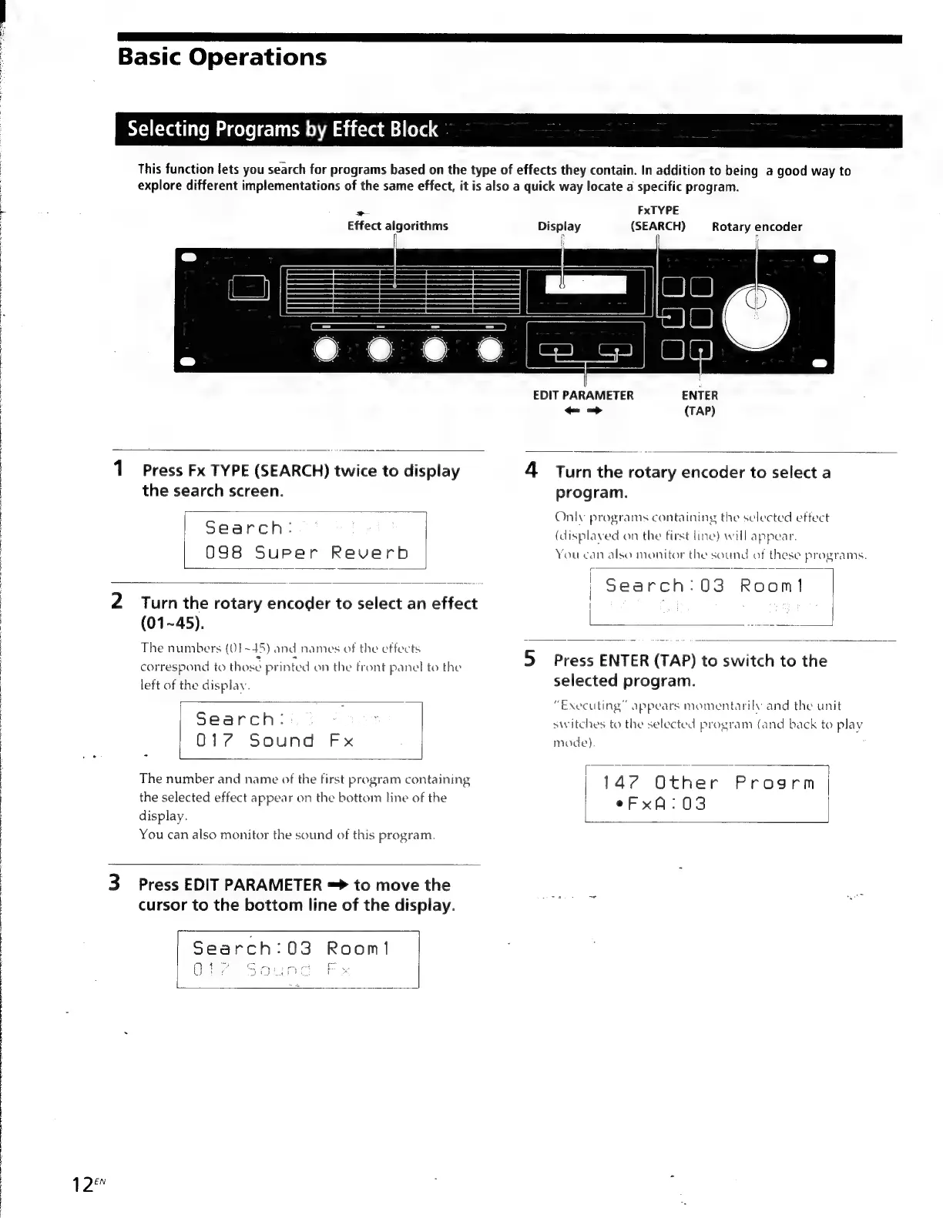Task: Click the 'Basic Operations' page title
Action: (222, 58)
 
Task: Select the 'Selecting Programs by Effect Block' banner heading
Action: (282, 129)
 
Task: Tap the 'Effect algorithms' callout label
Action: (397, 226)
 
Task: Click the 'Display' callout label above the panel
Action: (559, 226)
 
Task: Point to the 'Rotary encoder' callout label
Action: (757, 226)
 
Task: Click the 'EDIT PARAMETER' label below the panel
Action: (583, 395)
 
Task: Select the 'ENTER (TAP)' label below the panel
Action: (700, 402)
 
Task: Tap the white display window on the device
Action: (585, 286)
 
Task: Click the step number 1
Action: (119, 468)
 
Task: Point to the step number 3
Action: (114, 882)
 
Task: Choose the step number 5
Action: (530, 659)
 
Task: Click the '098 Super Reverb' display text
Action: (306, 553)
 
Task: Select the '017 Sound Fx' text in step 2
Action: (274, 741)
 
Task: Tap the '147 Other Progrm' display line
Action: (708, 783)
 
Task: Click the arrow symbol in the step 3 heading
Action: (337, 885)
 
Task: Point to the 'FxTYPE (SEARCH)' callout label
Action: (658, 218)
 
